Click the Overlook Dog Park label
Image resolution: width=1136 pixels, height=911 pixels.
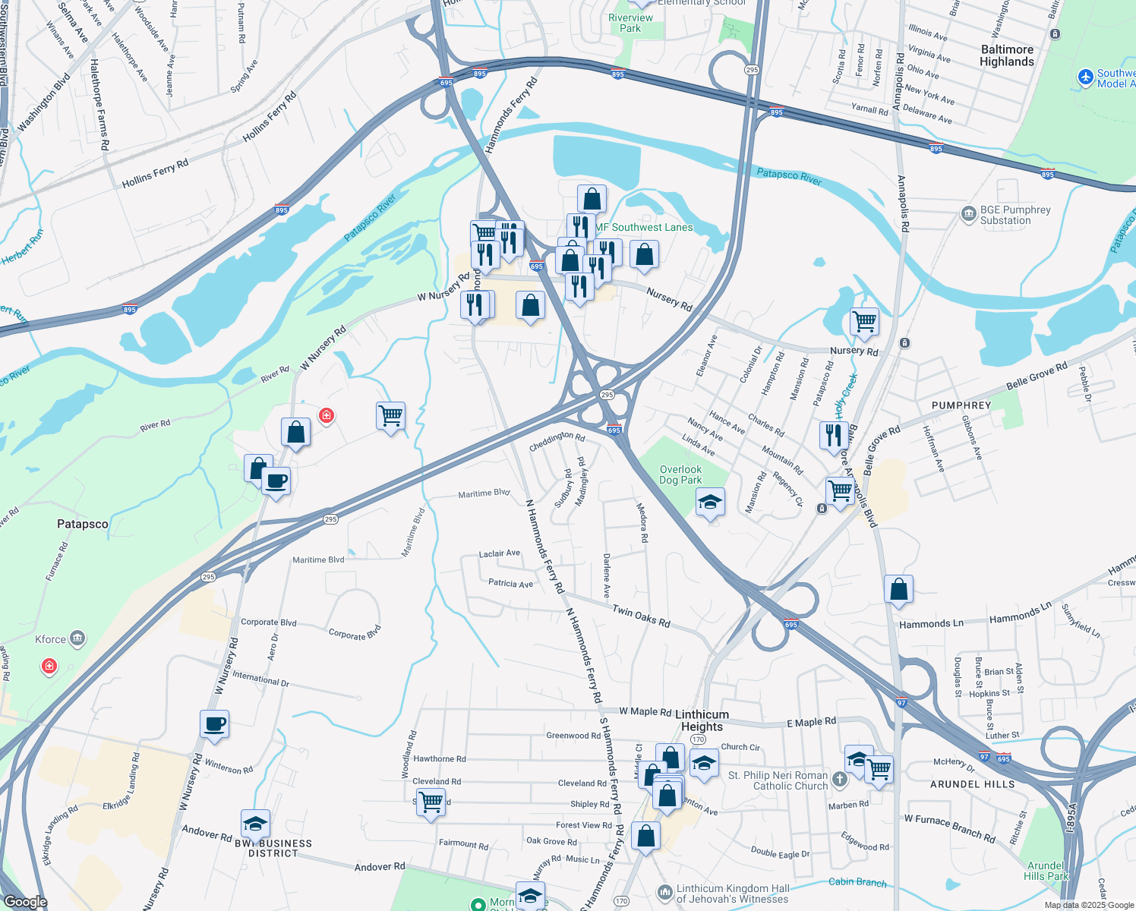click(680, 474)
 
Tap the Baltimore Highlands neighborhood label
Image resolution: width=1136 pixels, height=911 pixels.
click(1007, 55)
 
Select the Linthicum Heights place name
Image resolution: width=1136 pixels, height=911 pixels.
click(702, 720)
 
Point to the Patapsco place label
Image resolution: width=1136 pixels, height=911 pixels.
click(83, 524)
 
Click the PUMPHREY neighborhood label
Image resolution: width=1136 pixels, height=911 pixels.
click(961, 405)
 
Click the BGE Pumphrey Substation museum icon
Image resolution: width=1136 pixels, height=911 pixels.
click(968, 214)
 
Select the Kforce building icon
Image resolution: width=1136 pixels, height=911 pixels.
click(77, 638)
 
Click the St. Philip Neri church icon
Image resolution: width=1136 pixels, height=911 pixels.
click(839, 779)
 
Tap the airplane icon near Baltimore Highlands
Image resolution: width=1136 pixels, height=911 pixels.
click(1085, 77)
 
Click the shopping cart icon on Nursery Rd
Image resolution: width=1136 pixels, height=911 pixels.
click(864, 322)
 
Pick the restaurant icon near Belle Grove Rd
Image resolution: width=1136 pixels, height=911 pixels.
click(834, 435)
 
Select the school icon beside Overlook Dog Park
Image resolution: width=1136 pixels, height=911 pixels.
click(710, 502)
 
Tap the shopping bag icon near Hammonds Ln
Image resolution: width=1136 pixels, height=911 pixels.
click(898, 588)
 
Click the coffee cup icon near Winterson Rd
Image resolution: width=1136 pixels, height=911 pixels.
click(215, 723)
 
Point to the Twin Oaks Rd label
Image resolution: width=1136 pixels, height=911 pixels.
click(641, 616)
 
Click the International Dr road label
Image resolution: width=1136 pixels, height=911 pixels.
click(260, 678)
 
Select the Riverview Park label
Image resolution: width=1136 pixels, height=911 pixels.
click(630, 23)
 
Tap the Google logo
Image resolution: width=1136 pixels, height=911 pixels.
click(26, 902)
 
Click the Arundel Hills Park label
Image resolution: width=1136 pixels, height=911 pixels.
click(1046, 871)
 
